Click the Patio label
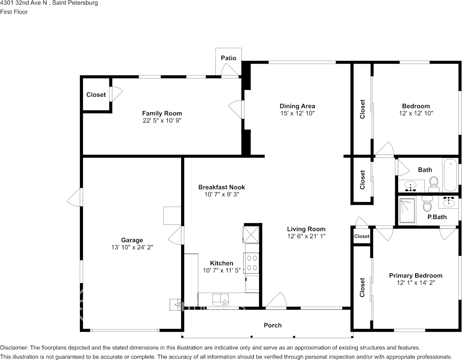[228, 58]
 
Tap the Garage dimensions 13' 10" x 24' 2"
[132, 247]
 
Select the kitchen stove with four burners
[252, 263]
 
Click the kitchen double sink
[220, 299]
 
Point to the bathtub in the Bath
[450, 175]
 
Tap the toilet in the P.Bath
[427, 204]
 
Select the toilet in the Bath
[434, 184]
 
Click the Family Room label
[162, 113]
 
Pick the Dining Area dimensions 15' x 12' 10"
[297, 113]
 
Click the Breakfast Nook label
[221, 187]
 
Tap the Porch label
[272, 325]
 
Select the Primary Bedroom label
[416, 276]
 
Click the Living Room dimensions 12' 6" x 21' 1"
[306, 236]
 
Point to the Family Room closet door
[116, 94]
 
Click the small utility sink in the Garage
[175, 304]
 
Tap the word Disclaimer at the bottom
[14, 348]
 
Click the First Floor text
[14, 12]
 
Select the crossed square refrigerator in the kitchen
[251, 235]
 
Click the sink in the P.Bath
[448, 202]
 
